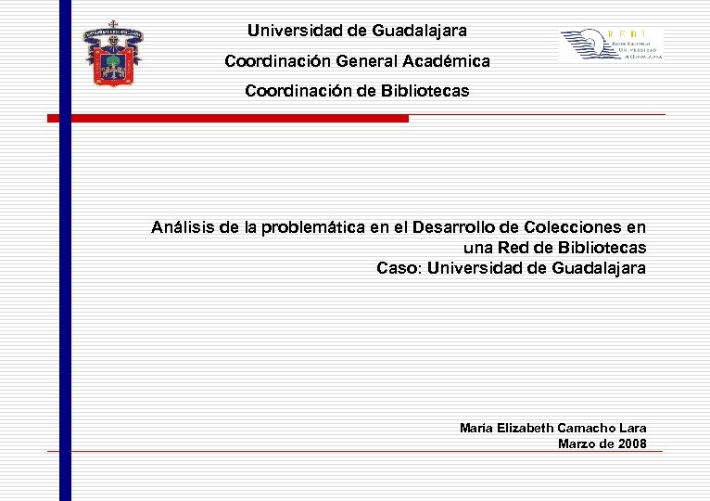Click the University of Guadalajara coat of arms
[x=113, y=54]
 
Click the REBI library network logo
[x=612, y=45]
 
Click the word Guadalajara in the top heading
[x=419, y=31]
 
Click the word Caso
[x=397, y=268]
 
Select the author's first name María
[x=476, y=428]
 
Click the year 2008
[x=632, y=443]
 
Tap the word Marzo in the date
[x=577, y=443]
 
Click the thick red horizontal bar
[x=228, y=119]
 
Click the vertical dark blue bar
[x=65, y=278]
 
